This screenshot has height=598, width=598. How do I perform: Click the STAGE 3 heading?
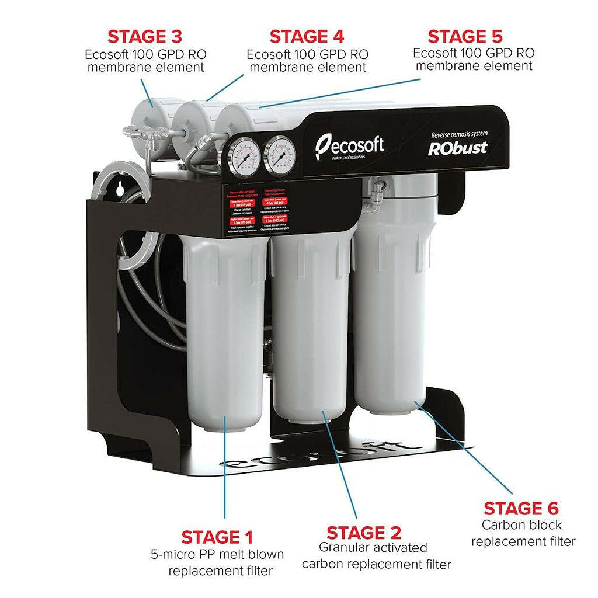pos(145,36)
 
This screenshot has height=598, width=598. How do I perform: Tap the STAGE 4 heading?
pos(307,36)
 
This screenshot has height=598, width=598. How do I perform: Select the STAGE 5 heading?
pos(465,36)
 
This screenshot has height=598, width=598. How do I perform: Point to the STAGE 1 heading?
pos(217,537)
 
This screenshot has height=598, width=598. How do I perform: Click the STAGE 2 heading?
pos(364,533)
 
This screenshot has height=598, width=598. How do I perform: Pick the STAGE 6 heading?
pos(521,508)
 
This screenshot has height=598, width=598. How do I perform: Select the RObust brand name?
pos(458,148)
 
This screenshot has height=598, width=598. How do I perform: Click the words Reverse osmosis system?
pos(458,134)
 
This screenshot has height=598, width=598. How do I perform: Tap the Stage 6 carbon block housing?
pos(390,315)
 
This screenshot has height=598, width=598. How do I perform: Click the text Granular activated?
pos(373,548)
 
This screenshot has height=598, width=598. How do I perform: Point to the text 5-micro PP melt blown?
pos(217,554)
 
